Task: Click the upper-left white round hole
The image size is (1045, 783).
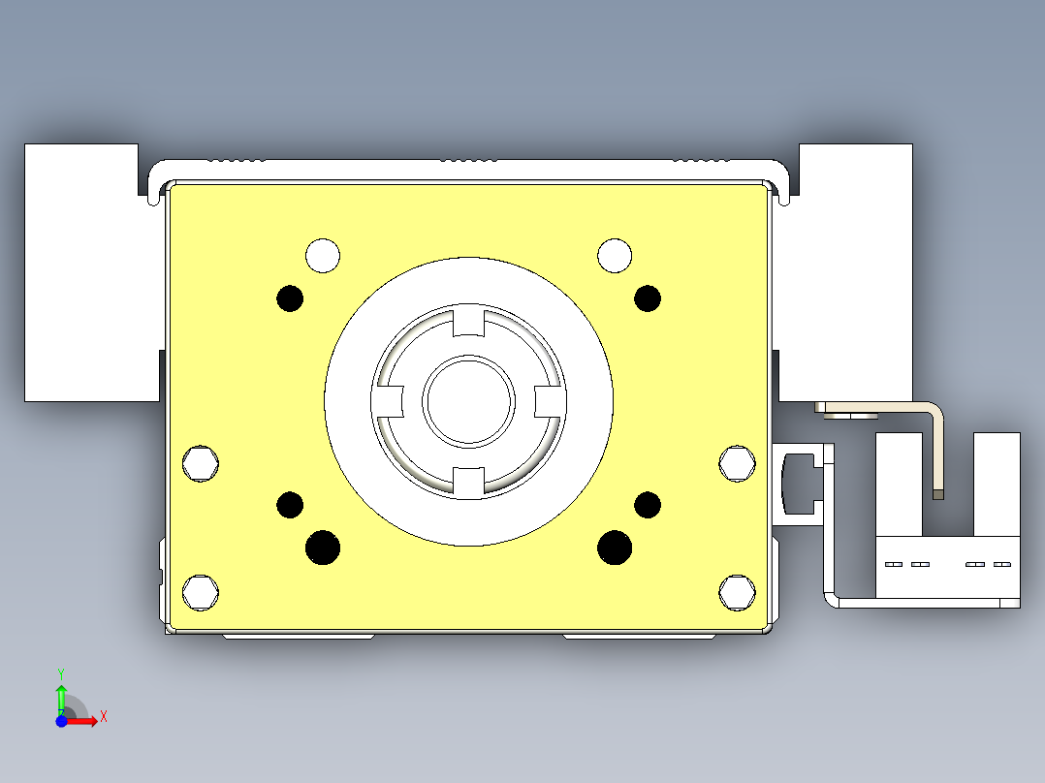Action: coord(323,256)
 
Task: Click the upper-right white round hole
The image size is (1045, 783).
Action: coord(615,256)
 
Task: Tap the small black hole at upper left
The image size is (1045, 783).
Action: coord(290,298)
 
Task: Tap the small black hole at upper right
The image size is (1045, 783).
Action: coord(648,298)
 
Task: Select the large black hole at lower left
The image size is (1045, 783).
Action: coord(323,548)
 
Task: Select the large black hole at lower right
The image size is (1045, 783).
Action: coord(615,548)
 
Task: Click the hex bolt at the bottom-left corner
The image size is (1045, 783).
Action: coord(201,591)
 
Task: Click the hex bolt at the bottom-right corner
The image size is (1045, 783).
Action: coord(738,591)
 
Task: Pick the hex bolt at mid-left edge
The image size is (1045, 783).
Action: coord(201,463)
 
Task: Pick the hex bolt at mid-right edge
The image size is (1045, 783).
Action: coord(738,463)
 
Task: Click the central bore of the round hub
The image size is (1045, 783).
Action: coord(468,400)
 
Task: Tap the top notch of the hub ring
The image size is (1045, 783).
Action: coord(468,321)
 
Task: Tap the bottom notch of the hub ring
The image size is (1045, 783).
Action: coord(468,480)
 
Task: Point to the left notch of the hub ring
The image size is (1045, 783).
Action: coord(389,400)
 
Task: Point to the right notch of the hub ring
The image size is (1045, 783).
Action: coord(549,400)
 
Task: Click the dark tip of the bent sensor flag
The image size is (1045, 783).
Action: coord(937,494)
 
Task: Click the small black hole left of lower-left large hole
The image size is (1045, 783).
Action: coord(290,505)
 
